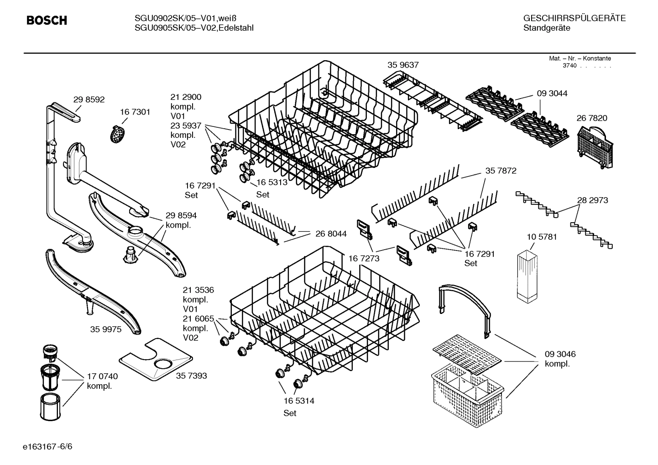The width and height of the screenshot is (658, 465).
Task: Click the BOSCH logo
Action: pyautogui.click(x=47, y=21)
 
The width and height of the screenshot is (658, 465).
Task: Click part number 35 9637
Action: pyautogui.click(x=403, y=65)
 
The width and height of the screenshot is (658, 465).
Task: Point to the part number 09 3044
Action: pyautogui.click(x=552, y=94)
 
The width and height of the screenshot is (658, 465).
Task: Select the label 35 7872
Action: pyautogui.click(x=501, y=171)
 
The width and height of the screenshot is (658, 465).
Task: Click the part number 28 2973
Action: pyautogui.click(x=592, y=200)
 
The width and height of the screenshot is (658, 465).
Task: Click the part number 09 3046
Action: pyautogui.click(x=560, y=354)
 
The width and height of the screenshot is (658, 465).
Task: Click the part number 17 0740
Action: pyautogui.click(x=102, y=376)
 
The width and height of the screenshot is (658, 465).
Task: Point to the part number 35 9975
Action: pyautogui.click(x=106, y=329)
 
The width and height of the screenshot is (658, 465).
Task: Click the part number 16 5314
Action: pyautogui.click(x=298, y=401)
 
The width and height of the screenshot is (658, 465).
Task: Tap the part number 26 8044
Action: pyautogui.click(x=331, y=234)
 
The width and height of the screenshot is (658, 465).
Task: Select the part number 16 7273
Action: pyautogui.click(x=364, y=259)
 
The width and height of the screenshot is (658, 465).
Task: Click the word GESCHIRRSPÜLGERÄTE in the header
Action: pyautogui.click(x=574, y=19)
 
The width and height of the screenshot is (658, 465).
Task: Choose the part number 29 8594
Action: pyautogui.click(x=181, y=215)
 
